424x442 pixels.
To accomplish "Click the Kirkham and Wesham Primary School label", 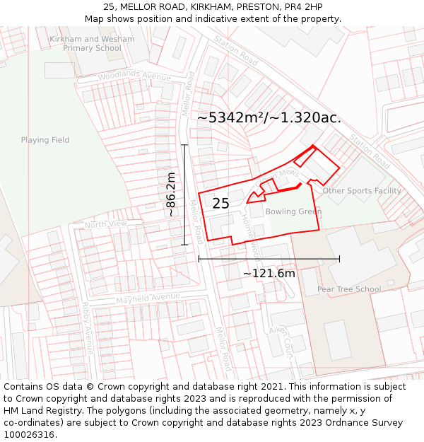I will tap(92, 43).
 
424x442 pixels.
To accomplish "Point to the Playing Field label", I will tap(45, 140).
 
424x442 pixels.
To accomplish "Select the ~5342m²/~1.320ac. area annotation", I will tap(269, 117).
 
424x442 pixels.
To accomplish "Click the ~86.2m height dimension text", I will tap(170, 194).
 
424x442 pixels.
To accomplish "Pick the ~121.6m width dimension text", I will tap(269, 273).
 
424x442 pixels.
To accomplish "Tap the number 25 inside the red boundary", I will tap(220, 204).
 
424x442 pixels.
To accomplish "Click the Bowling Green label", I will tap(293, 211).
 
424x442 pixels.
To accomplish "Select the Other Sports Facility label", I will tap(362, 191).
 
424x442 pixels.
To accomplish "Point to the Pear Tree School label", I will tap(349, 289).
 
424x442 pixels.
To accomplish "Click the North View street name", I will tap(105, 224).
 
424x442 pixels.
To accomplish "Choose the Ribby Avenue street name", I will tap(88, 330).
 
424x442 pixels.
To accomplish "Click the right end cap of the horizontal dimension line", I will tap(340, 259).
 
